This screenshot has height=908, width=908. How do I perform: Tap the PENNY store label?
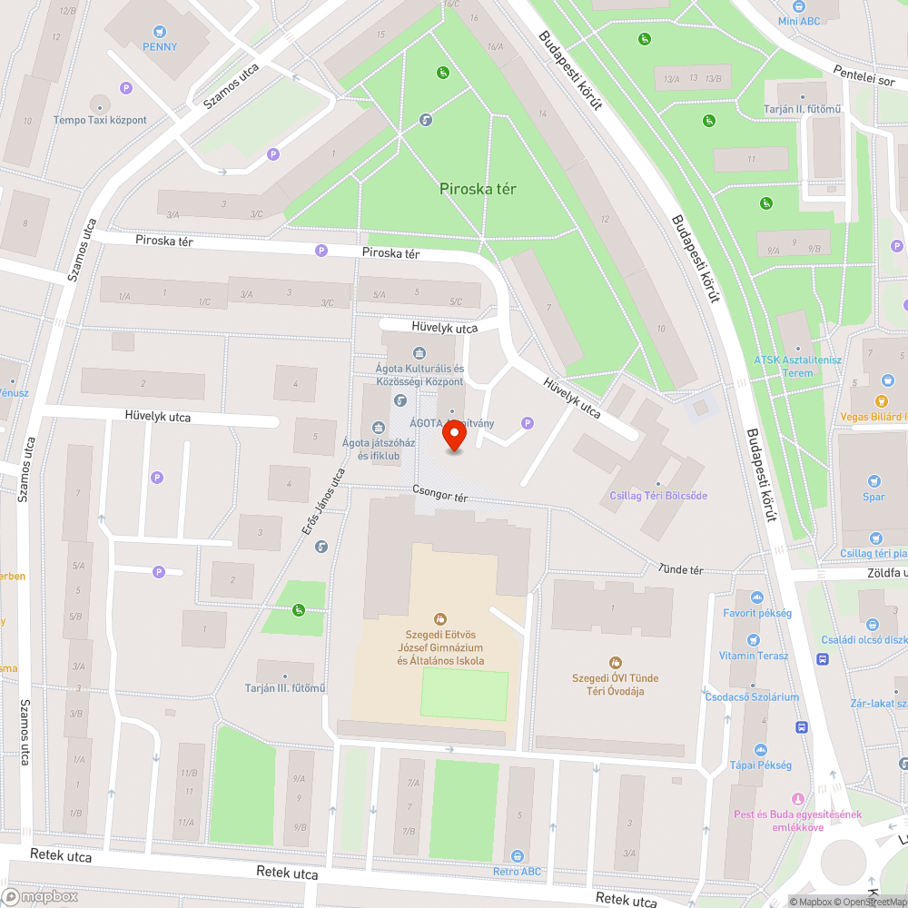160,46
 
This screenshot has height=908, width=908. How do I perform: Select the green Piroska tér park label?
478,189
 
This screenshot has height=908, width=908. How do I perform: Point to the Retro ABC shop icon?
517,856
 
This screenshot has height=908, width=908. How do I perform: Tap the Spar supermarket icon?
873,481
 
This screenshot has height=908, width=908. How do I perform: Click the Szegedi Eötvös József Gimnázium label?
440,647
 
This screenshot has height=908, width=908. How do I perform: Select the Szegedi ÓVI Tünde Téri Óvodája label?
616,685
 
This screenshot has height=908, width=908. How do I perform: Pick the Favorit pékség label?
757,613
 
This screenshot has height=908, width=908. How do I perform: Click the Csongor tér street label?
439,497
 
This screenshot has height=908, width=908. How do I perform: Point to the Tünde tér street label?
682,569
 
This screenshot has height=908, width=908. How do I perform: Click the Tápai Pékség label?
760,765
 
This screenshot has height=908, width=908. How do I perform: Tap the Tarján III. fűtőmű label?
285,687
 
